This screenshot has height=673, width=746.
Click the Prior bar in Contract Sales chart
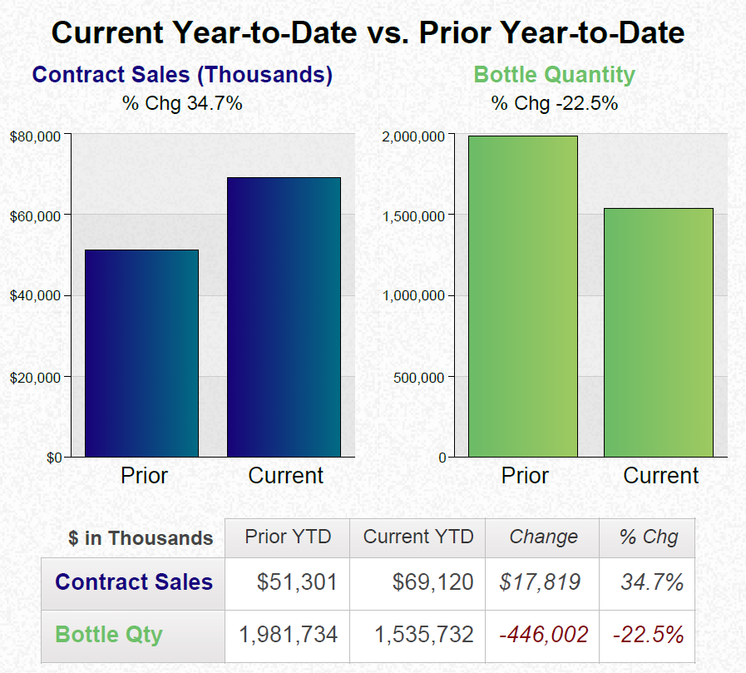click(x=141, y=353)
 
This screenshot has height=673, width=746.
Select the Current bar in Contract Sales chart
click(x=284, y=316)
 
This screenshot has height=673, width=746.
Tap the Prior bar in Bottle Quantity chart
click(x=522, y=296)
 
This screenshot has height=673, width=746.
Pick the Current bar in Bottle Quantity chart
click(x=658, y=332)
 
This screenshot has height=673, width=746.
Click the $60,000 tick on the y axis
click(x=36, y=216)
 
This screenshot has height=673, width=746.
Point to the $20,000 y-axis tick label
click(x=36, y=378)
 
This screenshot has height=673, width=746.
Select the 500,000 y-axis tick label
click(x=419, y=378)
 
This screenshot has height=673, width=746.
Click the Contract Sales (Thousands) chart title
click(x=182, y=75)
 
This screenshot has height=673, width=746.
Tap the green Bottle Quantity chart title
click(x=554, y=75)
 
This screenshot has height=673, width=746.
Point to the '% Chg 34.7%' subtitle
click(x=182, y=104)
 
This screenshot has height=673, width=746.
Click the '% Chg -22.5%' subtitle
click(x=554, y=104)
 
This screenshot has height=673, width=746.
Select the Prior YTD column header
click(x=288, y=537)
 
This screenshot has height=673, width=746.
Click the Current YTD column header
click(x=418, y=537)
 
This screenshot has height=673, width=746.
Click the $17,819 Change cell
click(x=540, y=582)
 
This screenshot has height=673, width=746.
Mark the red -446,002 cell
click(x=544, y=636)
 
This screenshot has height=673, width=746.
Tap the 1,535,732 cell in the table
click(x=423, y=636)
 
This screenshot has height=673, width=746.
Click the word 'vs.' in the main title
click(x=388, y=33)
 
